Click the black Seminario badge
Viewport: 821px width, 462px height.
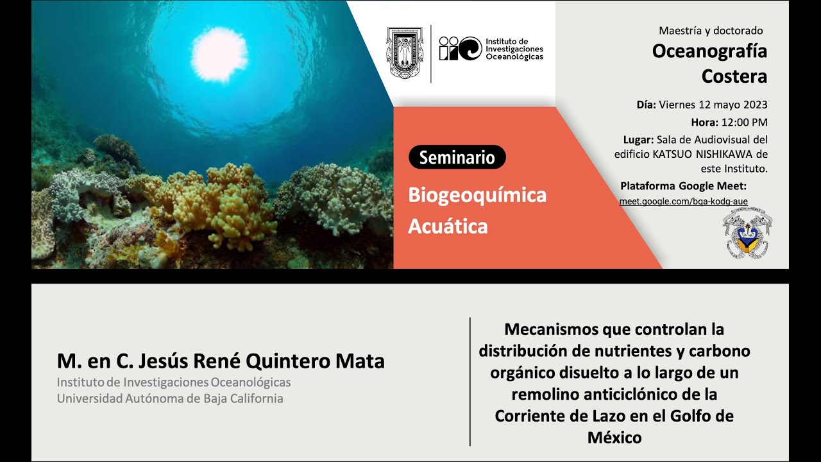tap(457, 157)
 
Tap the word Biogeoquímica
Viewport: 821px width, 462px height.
tap(477, 195)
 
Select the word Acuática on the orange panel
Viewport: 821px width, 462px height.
tap(448, 226)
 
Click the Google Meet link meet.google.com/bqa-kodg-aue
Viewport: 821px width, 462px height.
tap(683, 201)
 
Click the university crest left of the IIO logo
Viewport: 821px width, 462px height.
tap(405, 53)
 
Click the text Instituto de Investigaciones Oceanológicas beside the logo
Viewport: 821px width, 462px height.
tap(514, 49)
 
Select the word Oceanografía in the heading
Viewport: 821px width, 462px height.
tap(709, 51)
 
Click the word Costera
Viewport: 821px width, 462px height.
tap(734, 76)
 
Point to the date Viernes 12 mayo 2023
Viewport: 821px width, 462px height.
tap(713, 105)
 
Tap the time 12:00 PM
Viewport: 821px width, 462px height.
tap(743, 122)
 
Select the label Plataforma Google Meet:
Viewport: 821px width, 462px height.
tap(683, 186)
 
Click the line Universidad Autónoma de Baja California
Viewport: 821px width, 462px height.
tap(170, 398)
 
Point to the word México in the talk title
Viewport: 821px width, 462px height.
tap(614, 438)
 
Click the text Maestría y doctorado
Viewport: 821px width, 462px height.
tap(711, 30)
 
